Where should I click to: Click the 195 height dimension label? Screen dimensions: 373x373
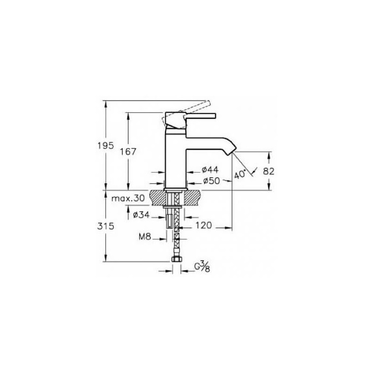[x=106, y=145]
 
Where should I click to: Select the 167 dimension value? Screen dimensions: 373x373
[x=128, y=152]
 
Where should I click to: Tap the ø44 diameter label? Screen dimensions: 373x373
[x=210, y=170]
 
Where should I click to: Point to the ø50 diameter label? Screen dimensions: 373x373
[x=212, y=181]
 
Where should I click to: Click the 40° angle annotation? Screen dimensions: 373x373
[x=240, y=174]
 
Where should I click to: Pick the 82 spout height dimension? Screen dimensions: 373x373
[x=269, y=171]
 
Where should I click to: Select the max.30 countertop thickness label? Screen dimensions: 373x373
[x=128, y=198]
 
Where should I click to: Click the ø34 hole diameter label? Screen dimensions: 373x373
[x=141, y=215]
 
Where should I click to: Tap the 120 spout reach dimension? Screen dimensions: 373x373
[x=203, y=225]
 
